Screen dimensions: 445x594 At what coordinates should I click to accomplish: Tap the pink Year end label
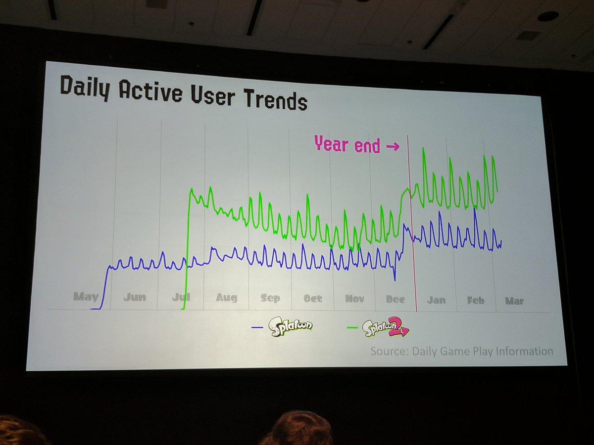pos(347,145)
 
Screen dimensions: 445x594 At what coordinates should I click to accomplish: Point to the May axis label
pos(86,297)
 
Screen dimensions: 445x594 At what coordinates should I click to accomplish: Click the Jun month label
pos(135,297)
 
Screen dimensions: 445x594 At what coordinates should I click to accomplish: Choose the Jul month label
pos(180,297)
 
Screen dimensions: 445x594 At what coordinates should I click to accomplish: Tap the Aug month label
pos(226,298)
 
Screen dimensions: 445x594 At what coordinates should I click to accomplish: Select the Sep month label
pos(270,298)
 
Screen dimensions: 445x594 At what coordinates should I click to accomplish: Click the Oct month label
pos(313,299)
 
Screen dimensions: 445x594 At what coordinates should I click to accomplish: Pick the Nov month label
pos(354,299)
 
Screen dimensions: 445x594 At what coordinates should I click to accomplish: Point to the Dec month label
pos(395,300)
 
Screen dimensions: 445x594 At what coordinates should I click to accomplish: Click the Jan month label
pos(436,300)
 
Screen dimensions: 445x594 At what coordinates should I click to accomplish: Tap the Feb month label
pos(475,300)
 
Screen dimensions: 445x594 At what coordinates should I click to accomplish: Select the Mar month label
pos(514,301)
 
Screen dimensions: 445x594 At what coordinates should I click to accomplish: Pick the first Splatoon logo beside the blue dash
pos(291,327)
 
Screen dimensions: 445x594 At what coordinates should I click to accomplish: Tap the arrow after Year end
pos(392,146)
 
